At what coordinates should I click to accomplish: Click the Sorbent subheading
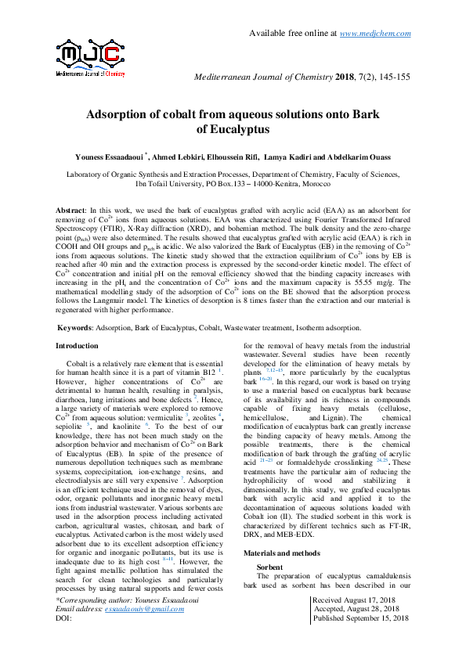click(271, 566)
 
